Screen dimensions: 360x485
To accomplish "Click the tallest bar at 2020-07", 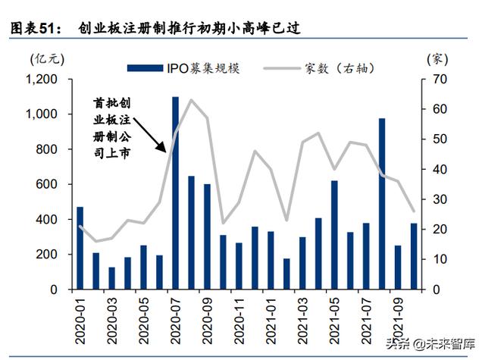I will click(175, 193).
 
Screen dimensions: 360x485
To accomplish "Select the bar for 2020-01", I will click(80, 248).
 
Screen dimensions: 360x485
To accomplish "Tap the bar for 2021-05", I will click(334, 235).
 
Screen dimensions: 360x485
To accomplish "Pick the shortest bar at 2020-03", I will click(111, 278).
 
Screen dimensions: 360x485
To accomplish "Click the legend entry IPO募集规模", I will click(202, 68).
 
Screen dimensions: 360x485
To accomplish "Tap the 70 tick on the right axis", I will click(438, 80).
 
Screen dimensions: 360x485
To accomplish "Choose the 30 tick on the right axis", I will click(438, 199).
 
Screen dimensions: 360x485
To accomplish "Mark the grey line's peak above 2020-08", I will click(192, 100).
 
